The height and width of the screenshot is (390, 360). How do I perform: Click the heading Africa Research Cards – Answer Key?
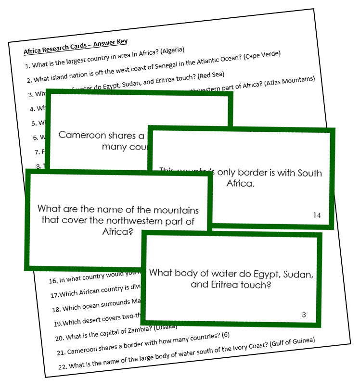point(76,47)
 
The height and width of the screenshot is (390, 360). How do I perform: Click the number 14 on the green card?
point(317,215)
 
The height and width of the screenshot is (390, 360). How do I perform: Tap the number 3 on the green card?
point(304,315)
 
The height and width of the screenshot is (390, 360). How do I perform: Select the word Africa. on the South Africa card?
point(240,184)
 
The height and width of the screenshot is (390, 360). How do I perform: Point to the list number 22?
point(62,366)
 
